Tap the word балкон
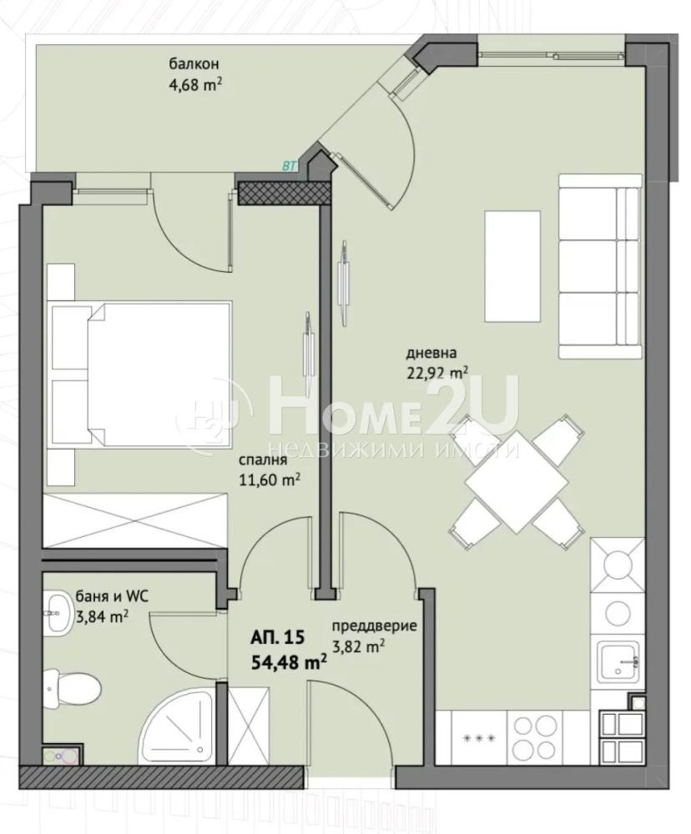coord(194,64)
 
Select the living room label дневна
coord(431,352)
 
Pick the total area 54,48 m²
coord(289,662)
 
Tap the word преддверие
coord(374,626)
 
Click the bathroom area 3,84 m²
coord(102,616)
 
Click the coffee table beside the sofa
coord(512,266)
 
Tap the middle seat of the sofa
coord(600,266)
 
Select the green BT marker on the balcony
coord(289,167)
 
